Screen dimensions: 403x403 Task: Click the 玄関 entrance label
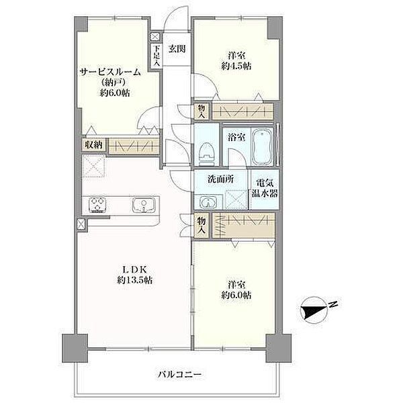click(x=177, y=49)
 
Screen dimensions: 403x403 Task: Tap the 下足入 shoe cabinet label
click(x=156, y=56)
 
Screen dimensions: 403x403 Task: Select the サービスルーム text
click(x=111, y=73)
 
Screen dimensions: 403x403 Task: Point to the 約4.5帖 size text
click(x=236, y=66)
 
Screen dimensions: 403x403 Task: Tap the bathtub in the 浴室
click(x=262, y=146)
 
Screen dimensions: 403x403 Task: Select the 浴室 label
click(x=236, y=138)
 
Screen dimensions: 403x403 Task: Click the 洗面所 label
click(x=220, y=179)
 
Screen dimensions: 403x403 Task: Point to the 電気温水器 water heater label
click(x=265, y=188)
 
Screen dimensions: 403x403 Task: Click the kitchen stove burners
click(x=97, y=205)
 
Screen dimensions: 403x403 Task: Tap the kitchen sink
click(x=144, y=205)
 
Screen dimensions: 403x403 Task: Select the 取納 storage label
click(x=94, y=145)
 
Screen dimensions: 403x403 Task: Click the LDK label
click(x=135, y=269)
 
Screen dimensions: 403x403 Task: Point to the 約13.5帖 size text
click(x=135, y=279)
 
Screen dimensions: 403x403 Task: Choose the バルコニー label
click(x=179, y=374)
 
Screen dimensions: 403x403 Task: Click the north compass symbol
click(x=314, y=308)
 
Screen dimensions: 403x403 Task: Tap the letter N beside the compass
click(x=333, y=304)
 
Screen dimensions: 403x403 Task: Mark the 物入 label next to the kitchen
click(x=201, y=225)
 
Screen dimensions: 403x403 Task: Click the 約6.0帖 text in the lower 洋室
click(x=236, y=295)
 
